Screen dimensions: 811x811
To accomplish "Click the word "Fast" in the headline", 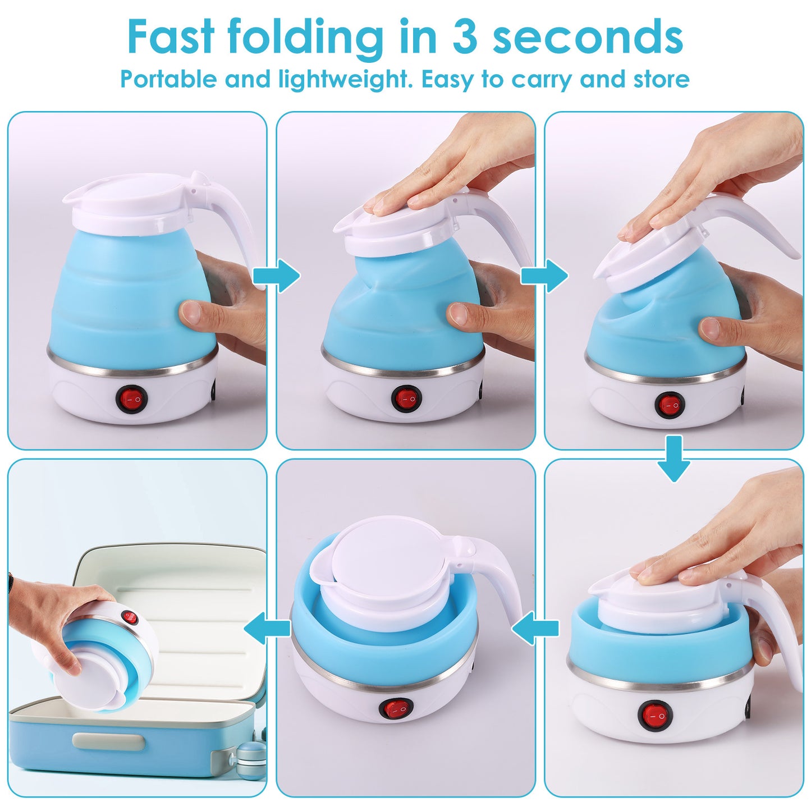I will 171,36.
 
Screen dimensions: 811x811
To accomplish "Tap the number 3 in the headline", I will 464,36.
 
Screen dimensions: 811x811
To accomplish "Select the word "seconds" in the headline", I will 588,36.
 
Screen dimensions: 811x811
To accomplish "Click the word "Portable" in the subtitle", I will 168,79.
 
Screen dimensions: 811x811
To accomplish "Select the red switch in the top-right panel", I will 669,405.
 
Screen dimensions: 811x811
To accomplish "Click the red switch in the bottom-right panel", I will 654,715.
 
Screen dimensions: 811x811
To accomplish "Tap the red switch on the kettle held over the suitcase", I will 130,618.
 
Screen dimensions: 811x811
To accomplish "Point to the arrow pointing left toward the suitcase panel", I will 264,628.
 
